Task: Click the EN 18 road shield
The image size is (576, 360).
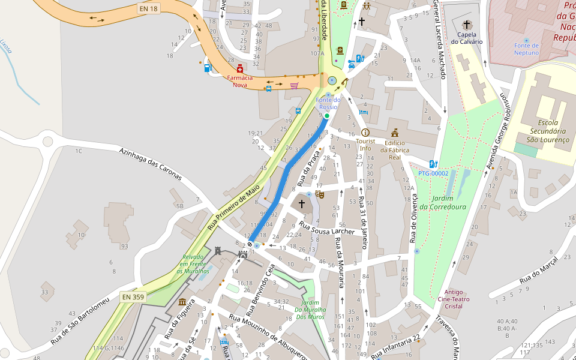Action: tap(148, 9)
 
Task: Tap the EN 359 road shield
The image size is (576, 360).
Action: tap(132, 296)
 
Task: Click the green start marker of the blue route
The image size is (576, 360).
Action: tap(327, 116)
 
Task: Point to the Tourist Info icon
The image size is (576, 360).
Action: tap(365, 133)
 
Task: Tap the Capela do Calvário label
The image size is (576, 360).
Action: tap(467, 38)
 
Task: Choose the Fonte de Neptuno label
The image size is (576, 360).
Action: tap(526, 49)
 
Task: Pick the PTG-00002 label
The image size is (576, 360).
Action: tap(433, 173)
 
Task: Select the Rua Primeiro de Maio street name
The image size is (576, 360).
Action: tap(233, 208)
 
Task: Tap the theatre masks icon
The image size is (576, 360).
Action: tap(320, 194)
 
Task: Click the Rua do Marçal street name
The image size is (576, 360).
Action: tap(538, 269)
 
